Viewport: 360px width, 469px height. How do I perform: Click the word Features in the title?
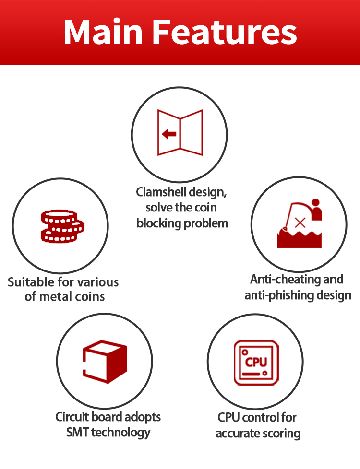pos(225,32)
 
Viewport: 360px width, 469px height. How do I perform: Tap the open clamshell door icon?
pos(180,133)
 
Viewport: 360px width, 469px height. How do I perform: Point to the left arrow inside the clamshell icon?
pos(169,134)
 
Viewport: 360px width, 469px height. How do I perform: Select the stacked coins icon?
pos(62,226)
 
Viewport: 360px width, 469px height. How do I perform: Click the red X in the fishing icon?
pos(300,223)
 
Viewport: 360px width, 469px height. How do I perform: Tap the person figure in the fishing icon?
pos(316,210)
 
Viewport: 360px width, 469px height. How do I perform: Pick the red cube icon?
pos(105,362)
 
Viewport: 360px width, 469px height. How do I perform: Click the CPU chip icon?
pos(256,363)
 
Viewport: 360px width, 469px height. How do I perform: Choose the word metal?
pos(55,297)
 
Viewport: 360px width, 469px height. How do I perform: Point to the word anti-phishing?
pos(279,295)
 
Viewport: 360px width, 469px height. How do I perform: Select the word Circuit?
pos(72,417)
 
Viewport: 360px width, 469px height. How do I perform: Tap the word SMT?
pos(77,432)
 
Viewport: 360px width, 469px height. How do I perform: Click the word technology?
pos(120,433)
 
